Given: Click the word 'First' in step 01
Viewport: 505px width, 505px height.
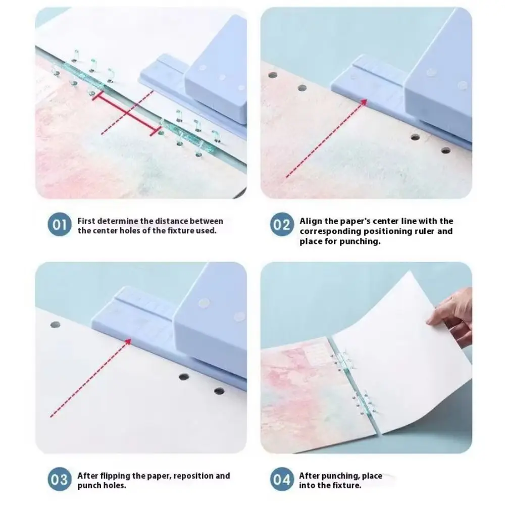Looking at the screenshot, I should click(86, 221).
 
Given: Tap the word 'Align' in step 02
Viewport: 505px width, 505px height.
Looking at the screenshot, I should click(310, 221).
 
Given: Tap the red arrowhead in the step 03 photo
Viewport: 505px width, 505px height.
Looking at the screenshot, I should click(128, 341).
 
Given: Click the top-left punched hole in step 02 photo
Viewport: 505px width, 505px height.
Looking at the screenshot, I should click(273, 75).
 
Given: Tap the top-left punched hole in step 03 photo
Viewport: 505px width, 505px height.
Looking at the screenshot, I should click(55, 325).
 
